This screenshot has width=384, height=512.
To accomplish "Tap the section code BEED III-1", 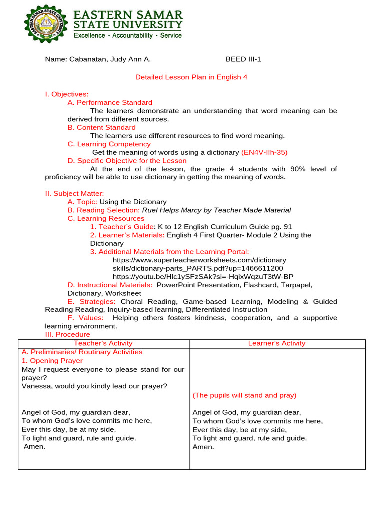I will pyautogui.click(x=243, y=59).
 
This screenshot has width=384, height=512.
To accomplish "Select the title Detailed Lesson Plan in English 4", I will pyautogui.click(x=191, y=77).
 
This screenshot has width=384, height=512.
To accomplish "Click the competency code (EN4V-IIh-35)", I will pyautogui.click(x=264, y=152).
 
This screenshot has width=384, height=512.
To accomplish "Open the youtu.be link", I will pyautogui.click(x=203, y=276).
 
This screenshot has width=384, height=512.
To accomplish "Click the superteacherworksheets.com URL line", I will pyautogui.click(x=199, y=260).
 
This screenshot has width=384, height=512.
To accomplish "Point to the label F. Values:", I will pyautogui.click(x=85, y=318).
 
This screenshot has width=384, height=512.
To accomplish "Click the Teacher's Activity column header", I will pyautogui.click(x=103, y=343).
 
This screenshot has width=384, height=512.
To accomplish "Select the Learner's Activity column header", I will pyautogui.click(x=277, y=343).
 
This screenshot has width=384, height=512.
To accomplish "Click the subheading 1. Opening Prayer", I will pyautogui.click(x=52, y=360).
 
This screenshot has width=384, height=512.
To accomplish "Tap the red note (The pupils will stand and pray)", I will pyautogui.click(x=244, y=395).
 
